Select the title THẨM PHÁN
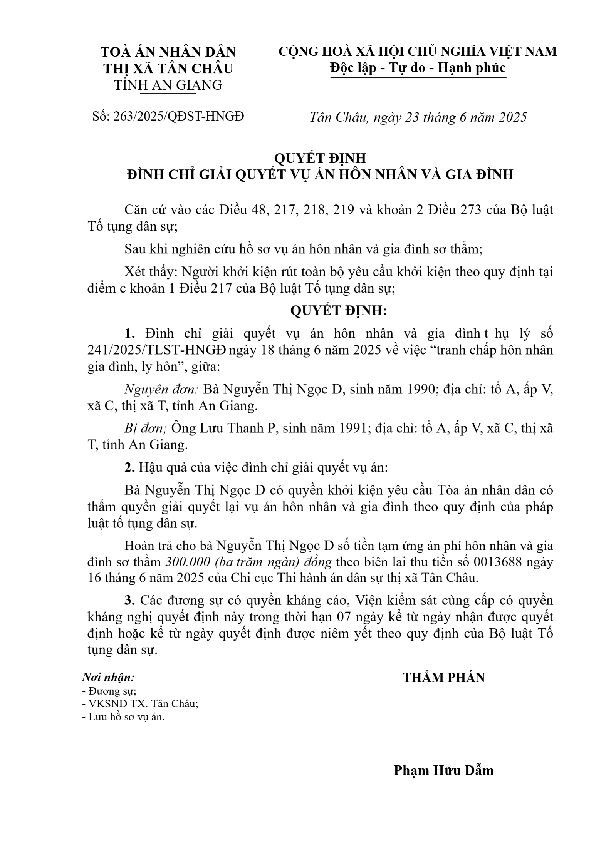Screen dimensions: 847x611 (x=443, y=678)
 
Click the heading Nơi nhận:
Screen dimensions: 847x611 (x=108, y=677)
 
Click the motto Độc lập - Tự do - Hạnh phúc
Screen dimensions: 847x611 (x=418, y=68)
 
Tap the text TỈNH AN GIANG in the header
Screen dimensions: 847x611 (x=168, y=85)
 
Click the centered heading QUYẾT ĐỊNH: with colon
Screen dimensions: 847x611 (x=338, y=311)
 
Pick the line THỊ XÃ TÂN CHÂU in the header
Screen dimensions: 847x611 (x=168, y=68)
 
